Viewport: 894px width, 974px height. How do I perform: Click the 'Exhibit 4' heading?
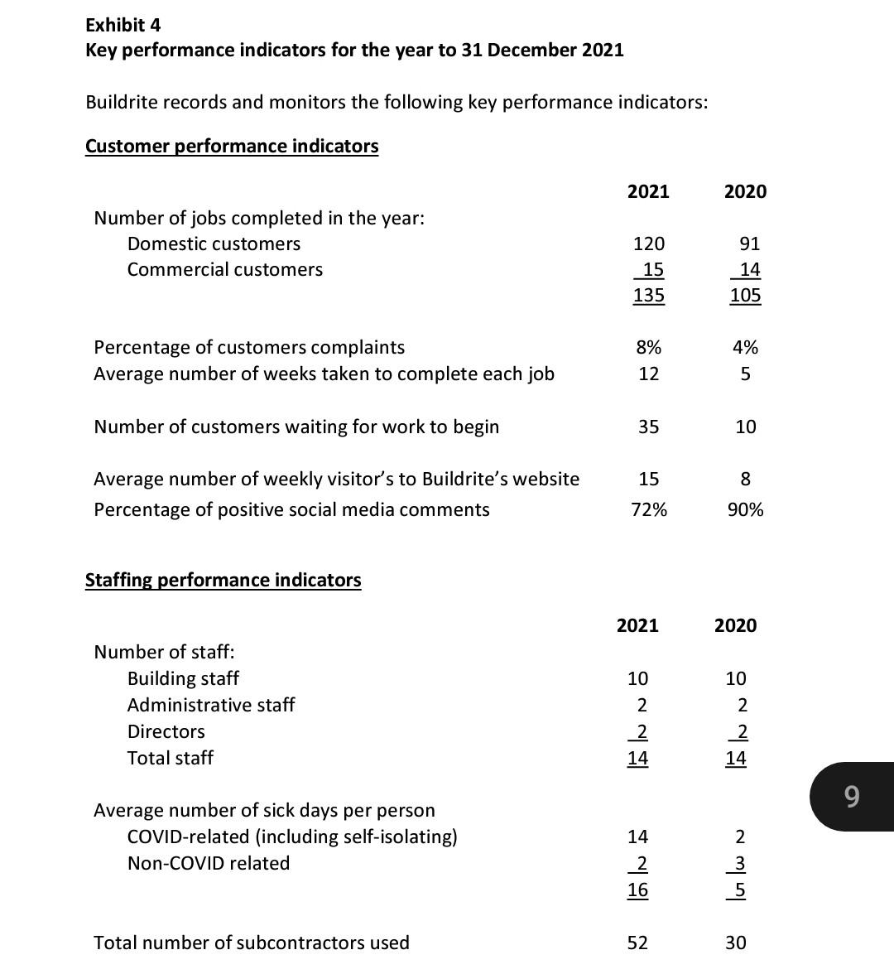(x=123, y=25)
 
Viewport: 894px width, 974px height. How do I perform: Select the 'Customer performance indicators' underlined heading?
(x=232, y=147)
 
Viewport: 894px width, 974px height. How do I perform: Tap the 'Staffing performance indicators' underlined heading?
(x=223, y=580)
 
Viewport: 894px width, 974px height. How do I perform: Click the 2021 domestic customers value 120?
(x=648, y=243)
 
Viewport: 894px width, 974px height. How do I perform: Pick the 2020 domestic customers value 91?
(x=749, y=243)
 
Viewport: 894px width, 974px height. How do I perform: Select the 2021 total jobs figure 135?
(x=648, y=296)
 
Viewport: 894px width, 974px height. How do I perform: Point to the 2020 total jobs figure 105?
(x=745, y=296)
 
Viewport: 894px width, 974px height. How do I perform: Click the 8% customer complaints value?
(x=648, y=347)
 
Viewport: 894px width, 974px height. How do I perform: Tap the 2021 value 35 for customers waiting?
(x=648, y=427)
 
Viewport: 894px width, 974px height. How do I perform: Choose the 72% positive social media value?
(x=648, y=509)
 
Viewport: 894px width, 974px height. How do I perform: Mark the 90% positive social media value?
(x=745, y=509)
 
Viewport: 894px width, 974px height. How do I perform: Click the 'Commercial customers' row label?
(x=224, y=270)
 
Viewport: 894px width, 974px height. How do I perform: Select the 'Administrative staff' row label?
(x=210, y=705)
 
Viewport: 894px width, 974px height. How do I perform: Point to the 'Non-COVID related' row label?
(x=208, y=863)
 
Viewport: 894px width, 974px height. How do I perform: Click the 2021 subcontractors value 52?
(x=637, y=943)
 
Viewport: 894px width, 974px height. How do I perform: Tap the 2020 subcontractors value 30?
(x=735, y=943)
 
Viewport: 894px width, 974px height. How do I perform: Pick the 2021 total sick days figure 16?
(x=637, y=890)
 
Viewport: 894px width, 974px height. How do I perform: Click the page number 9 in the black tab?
(x=852, y=797)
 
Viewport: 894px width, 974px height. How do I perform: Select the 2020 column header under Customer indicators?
(x=745, y=192)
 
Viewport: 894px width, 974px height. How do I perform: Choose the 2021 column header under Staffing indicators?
(x=637, y=626)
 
